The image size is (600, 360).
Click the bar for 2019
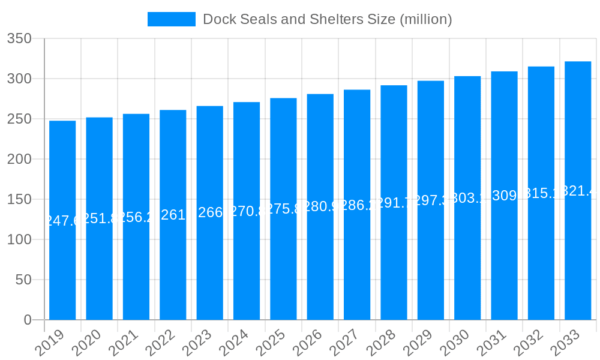62,220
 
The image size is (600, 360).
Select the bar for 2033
578,190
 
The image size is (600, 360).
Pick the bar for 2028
394,202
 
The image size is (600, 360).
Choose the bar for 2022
173,215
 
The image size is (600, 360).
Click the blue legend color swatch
172,19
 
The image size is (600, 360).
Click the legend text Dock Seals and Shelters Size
327,19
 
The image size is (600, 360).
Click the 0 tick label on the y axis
28,320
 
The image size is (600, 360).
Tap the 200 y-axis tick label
19,159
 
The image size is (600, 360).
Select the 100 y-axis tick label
19,239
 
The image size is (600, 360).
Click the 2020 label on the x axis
86,343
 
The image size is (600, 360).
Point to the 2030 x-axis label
454,343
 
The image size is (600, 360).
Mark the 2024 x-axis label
233,343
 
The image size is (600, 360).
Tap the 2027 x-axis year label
344,343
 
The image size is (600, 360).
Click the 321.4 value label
578,191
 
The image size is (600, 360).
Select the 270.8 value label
247,211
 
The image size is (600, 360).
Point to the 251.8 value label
99,218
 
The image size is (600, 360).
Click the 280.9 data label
320,206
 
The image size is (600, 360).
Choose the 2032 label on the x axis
528,343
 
